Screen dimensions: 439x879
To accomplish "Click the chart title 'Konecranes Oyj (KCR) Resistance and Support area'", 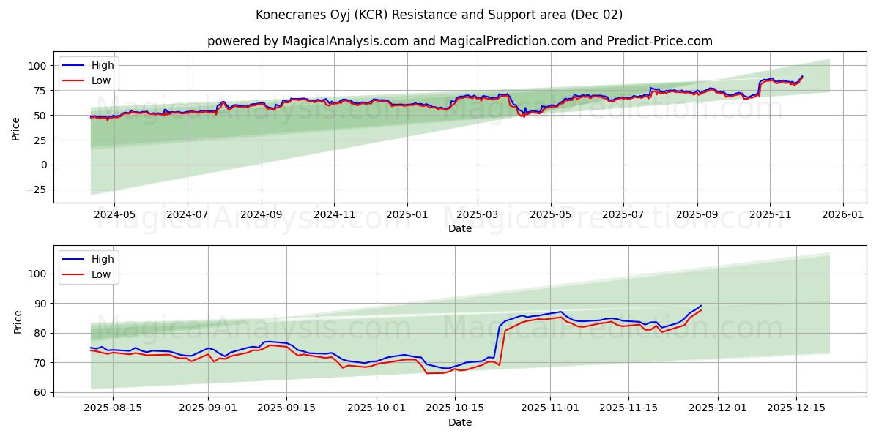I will coord(439,15).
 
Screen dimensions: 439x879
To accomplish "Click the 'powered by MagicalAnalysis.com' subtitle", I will coord(459,41).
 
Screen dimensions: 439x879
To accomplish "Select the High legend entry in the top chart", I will coord(102,65).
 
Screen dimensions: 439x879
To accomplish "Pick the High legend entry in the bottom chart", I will coord(102,259).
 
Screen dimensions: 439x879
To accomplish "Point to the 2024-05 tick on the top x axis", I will coord(115,215).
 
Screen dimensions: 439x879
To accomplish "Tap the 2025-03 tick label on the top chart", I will coord(478,215).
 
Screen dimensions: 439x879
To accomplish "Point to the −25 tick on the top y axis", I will coord(34,190).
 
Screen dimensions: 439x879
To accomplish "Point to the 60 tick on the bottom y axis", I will coord(40,392).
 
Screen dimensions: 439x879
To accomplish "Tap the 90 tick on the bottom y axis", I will coord(40,303).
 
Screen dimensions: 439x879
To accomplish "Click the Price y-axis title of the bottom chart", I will coord(18,321).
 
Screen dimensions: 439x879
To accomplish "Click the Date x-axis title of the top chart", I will coord(459,228).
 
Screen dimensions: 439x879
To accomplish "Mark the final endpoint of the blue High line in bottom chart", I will coord(701,306).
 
